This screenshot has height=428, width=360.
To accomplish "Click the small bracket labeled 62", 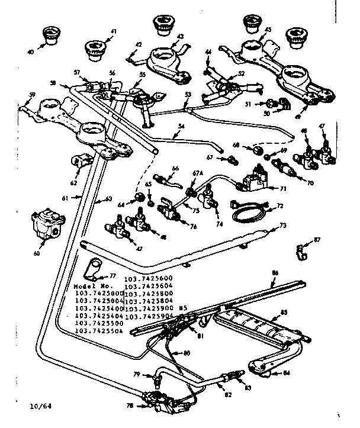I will coord(79,162).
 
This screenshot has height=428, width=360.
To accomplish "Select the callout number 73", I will coord(282,226).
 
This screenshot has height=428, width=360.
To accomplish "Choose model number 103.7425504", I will coord(97,331).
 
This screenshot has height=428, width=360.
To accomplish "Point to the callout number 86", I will coord(275,273).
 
